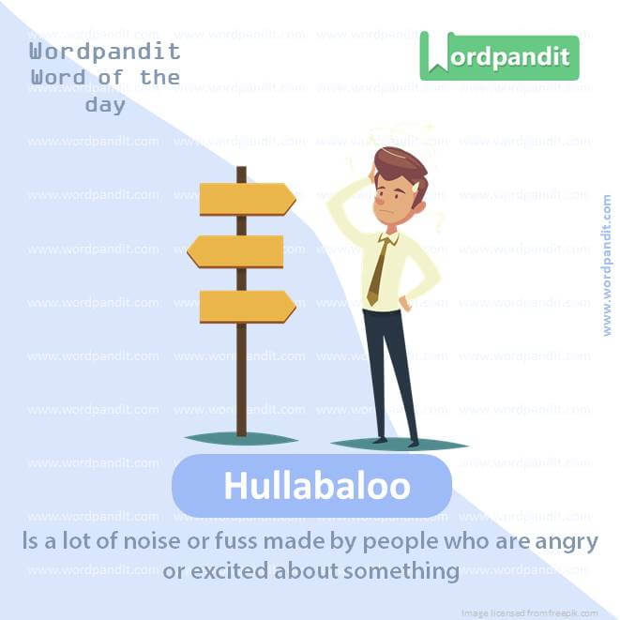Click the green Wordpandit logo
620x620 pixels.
pyautogui.click(x=499, y=56)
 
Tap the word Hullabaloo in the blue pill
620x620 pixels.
pyautogui.click(x=316, y=487)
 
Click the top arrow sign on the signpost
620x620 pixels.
pyautogui.click(x=247, y=198)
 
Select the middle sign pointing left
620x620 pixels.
pyautogui.click(x=235, y=251)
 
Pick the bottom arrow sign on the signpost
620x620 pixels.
pyautogui.click(x=247, y=306)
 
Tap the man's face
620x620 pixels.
pyautogui.click(x=391, y=196)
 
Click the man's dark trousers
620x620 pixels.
pyautogui.click(x=390, y=366)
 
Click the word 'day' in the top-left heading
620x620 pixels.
pyautogui.click(x=105, y=105)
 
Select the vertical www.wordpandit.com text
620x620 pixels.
pyautogui.click(x=607, y=265)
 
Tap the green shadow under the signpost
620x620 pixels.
pyautogui.click(x=241, y=438)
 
